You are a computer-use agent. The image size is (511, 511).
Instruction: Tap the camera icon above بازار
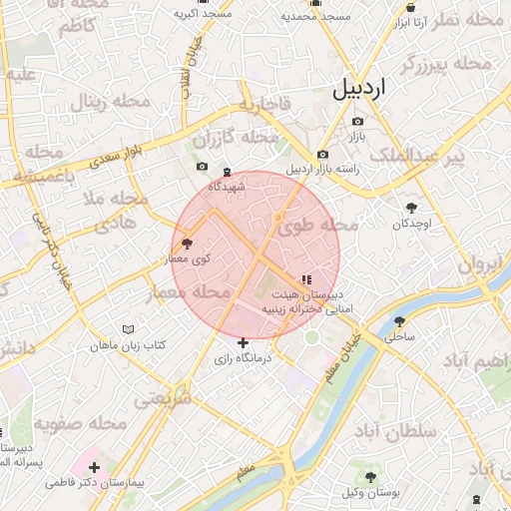click(357, 122)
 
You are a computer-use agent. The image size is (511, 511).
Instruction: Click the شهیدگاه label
click(227, 187)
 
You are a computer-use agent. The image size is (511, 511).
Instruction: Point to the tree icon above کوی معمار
click(187, 244)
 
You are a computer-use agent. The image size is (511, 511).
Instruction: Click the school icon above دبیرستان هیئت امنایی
click(305, 280)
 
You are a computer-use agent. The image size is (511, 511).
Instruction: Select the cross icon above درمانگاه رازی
click(243, 343)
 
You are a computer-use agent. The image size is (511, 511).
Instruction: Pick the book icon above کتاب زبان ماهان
click(127, 329)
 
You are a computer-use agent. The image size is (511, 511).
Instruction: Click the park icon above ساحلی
click(400, 321)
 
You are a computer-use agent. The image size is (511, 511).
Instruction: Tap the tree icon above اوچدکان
click(411, 207)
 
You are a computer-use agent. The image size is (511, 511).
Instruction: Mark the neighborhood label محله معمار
click(189, 292)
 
